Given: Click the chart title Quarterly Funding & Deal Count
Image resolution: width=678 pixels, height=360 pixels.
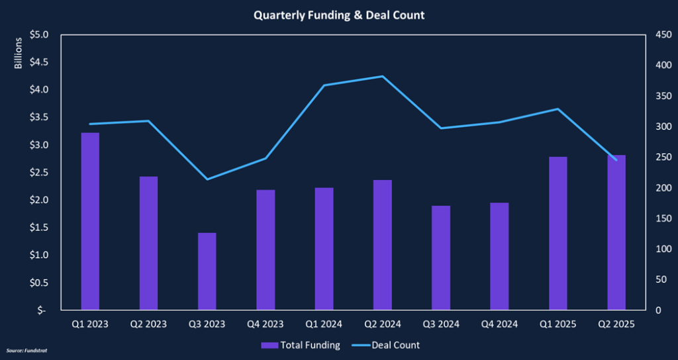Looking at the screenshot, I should (338, 15).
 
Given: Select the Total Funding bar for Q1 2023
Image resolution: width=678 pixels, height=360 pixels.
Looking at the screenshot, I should (90, 221).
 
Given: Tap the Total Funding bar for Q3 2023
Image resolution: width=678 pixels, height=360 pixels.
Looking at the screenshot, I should (207, 271).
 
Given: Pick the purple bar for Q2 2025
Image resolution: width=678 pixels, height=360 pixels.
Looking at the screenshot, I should (616, 232).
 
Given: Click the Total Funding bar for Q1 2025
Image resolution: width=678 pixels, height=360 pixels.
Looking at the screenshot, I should (557, 233).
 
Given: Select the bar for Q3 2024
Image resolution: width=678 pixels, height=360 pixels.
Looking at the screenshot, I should (441, 257).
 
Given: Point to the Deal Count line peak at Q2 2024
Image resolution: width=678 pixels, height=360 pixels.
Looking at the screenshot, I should (382, 77).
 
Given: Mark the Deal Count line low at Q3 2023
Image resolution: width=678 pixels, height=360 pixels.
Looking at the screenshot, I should (207, 179).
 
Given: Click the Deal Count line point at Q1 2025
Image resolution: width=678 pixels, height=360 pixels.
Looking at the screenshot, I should (557, 109).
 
